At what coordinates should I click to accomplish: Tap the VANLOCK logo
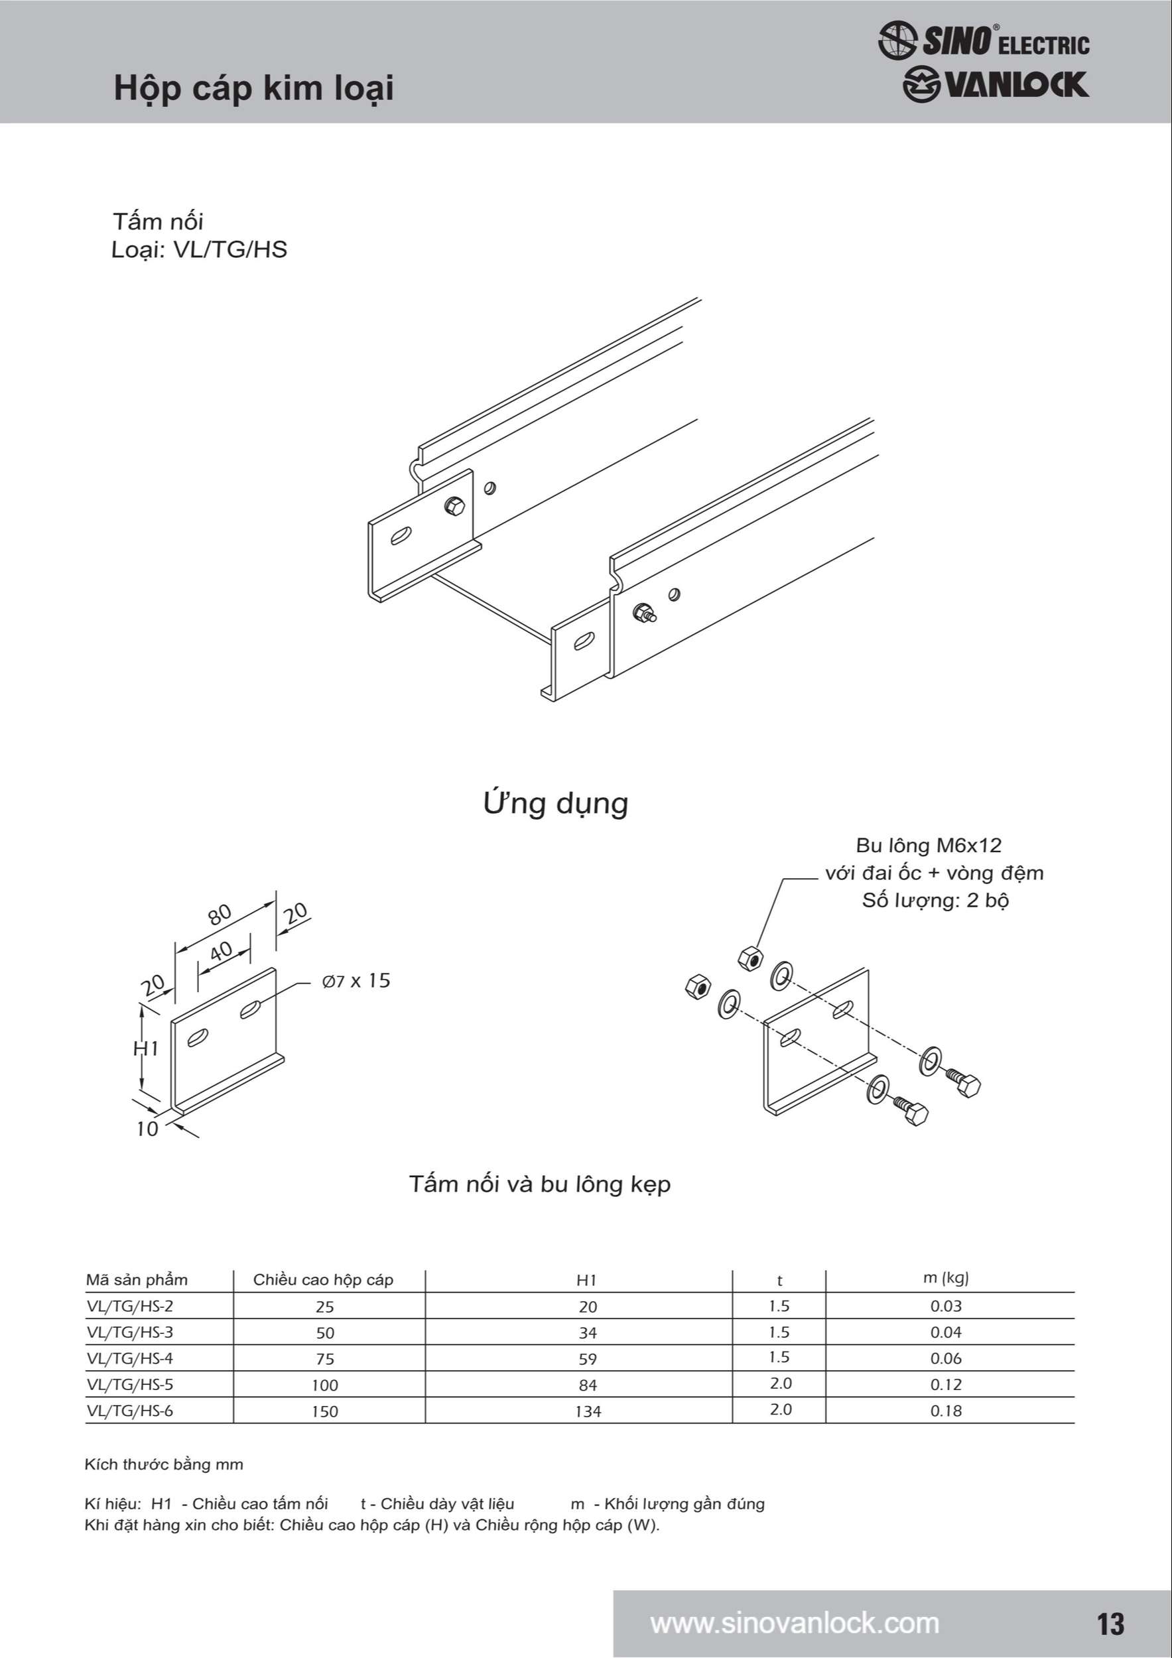995,84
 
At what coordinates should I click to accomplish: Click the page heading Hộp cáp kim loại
253,89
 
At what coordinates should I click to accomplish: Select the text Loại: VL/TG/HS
199,250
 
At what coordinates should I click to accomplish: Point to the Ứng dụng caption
555,803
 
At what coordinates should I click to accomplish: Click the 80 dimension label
220,914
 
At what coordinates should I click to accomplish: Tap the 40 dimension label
221,951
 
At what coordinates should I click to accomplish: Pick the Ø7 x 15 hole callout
356,981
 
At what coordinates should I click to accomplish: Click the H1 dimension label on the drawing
147,1048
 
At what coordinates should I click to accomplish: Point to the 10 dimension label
147,1129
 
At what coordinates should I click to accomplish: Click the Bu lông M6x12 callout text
929,846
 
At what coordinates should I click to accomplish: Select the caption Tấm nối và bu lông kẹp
539,1184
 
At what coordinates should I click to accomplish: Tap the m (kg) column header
945,1278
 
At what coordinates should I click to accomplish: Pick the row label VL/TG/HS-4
130,1358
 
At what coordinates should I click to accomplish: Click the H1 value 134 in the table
588,1411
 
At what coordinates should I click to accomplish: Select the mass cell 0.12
945,1384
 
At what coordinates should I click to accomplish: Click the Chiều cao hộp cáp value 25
325,1307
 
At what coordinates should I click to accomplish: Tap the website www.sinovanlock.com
795,1624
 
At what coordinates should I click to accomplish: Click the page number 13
1110,1624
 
